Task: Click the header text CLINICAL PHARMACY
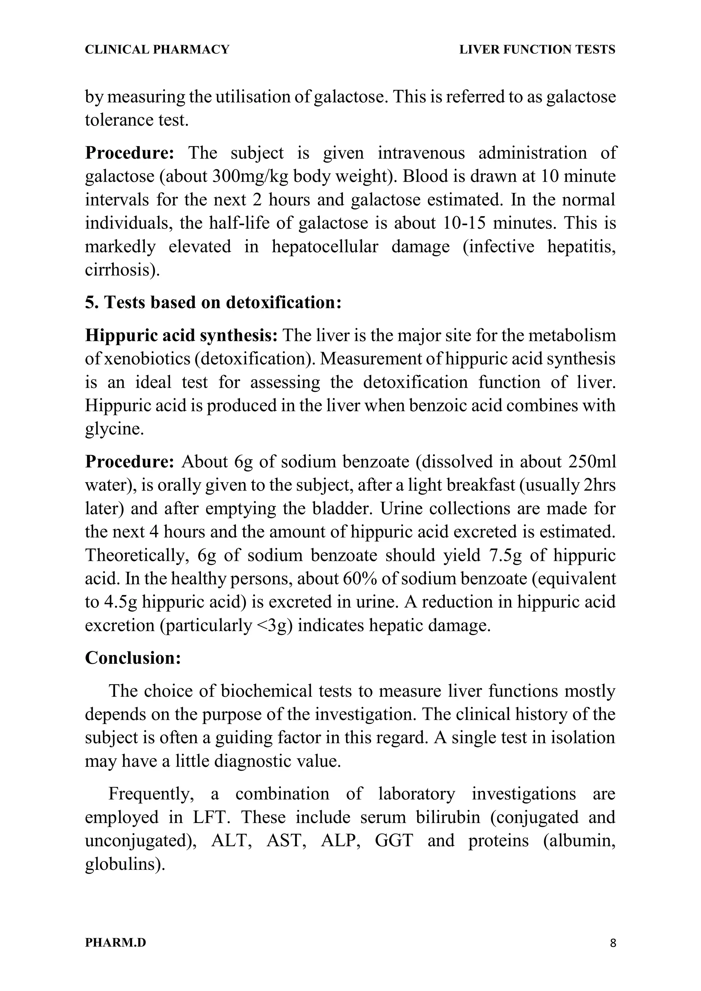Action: coord(157,50)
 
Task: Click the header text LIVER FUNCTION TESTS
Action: coord(537,50)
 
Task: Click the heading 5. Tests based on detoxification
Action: coord(213,303)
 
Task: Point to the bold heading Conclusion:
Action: coord(132,658)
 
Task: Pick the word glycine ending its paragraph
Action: coord(114,429)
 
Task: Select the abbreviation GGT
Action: coord(394,841)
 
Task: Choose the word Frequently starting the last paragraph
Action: coord(151,794)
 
